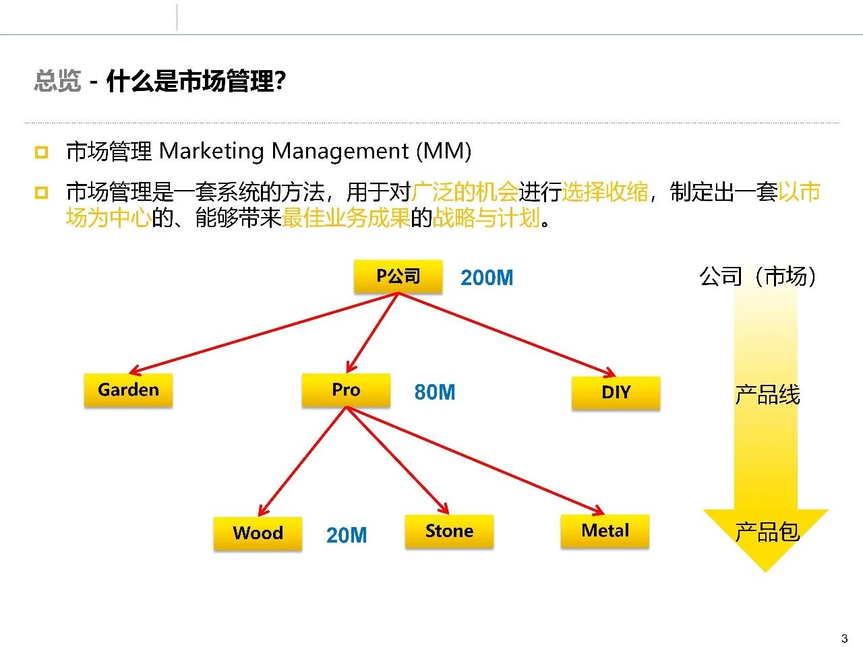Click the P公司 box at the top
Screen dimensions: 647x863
click(x=398, y=276)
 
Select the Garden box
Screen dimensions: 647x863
click(x=128, y=390)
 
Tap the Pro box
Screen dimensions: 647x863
click(x=346, y=390)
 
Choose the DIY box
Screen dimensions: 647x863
click(x=616, y=393)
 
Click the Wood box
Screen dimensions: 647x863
click(x=258, y=533)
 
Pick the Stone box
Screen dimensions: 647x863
click(x=449, y=531)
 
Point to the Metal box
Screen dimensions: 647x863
click(x=605, y=531)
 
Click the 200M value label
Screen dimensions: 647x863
click(x=487, y=278)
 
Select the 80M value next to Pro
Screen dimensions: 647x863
click(x=435, y=392)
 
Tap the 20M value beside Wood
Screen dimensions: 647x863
click(x=347, y=535)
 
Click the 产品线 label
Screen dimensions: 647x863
click(x=767, y=395)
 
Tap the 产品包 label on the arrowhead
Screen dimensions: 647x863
click(x=767, y=532)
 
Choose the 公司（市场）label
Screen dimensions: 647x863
click(x=758, y=276)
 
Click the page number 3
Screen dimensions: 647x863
click(x=844, y=638)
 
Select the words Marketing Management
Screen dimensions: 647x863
click(x=284, y=151)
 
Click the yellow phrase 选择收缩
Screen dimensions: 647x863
click(x=605, y=192)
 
